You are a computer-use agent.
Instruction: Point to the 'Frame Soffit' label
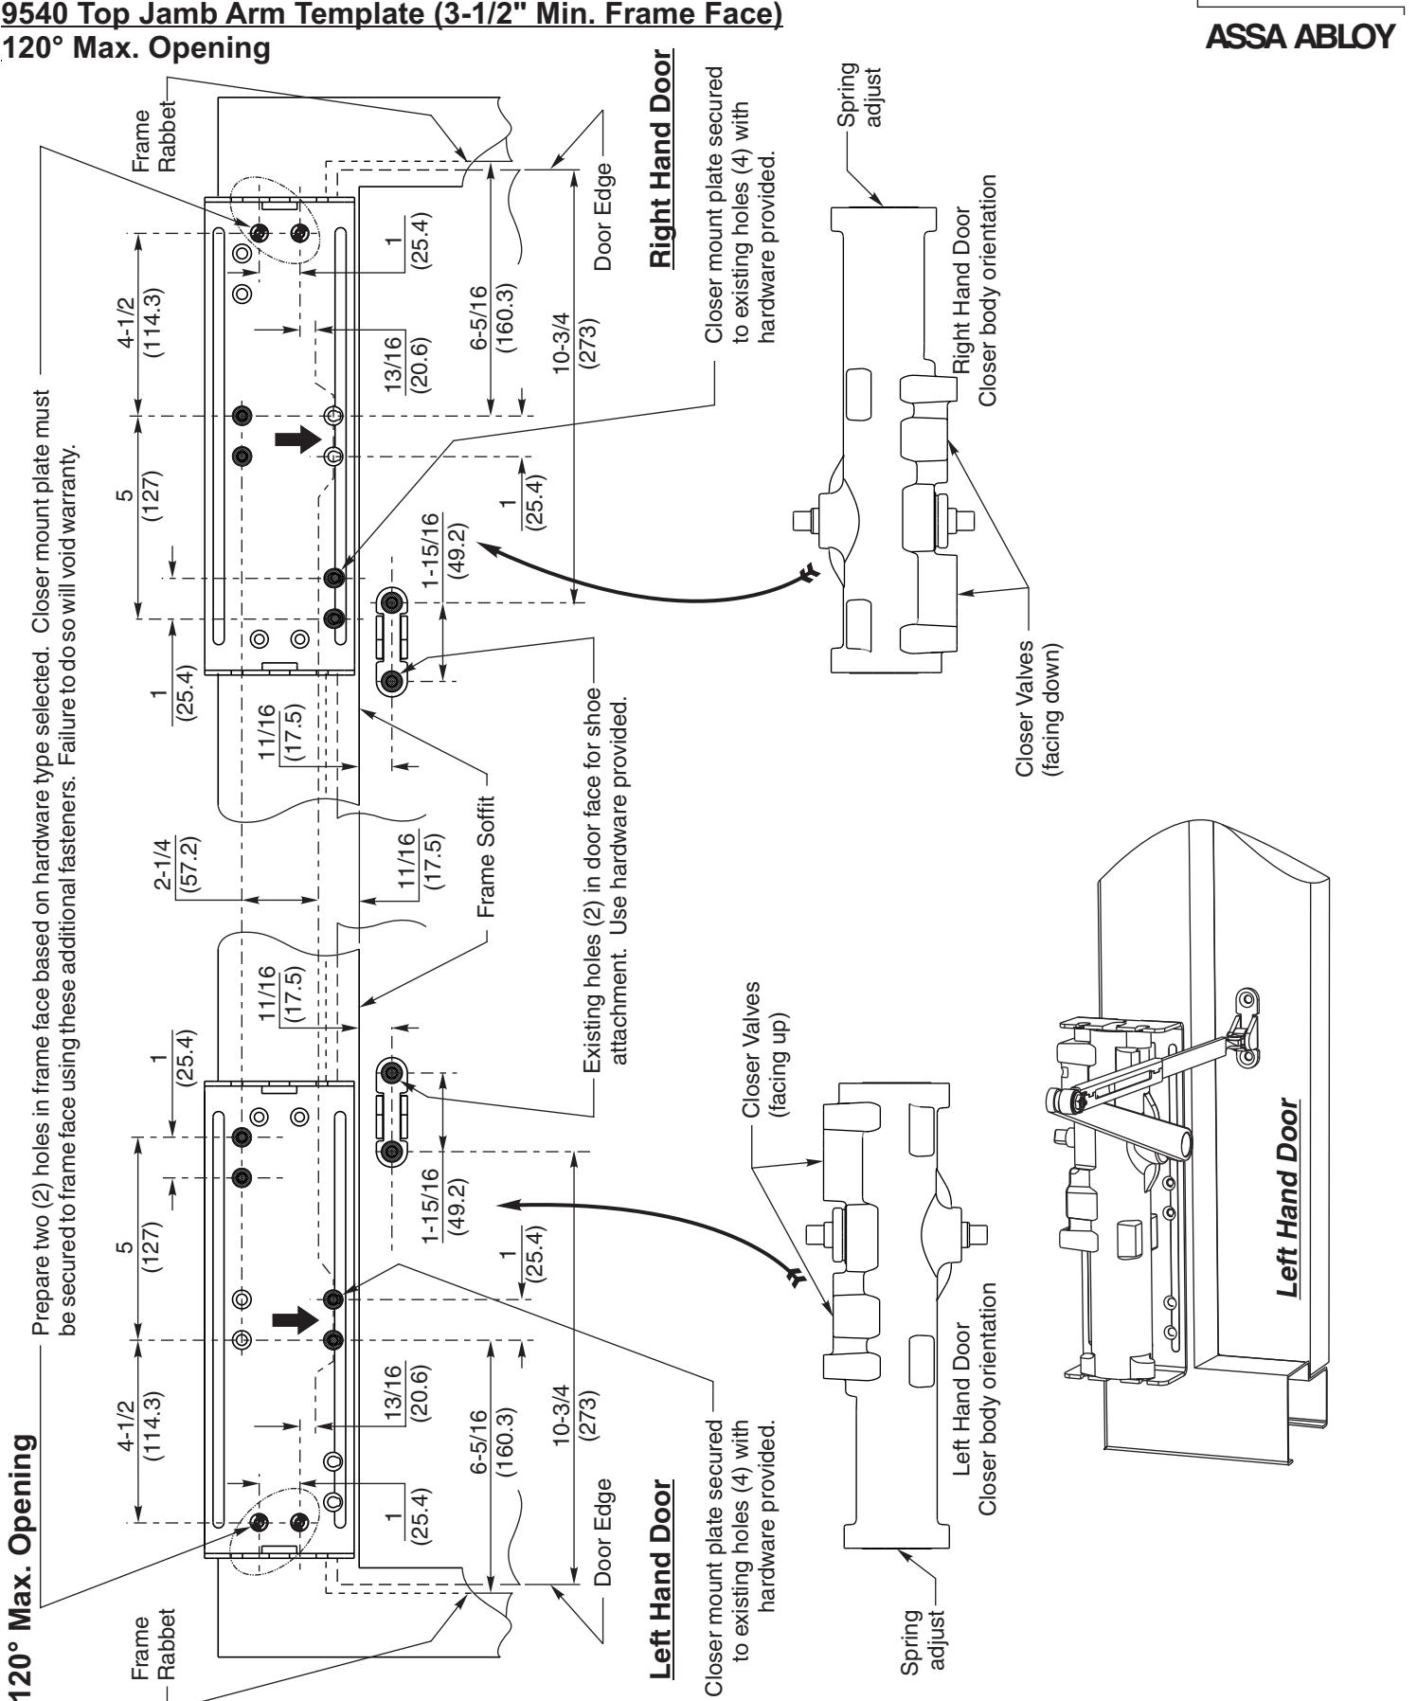click(x=488, y=858)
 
